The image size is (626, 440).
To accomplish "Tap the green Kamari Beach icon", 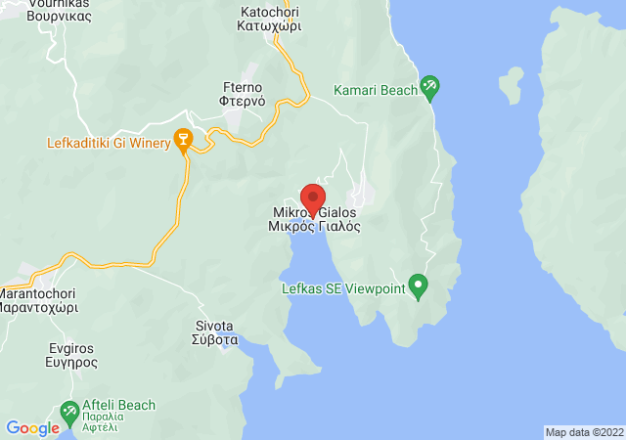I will pos(429,89).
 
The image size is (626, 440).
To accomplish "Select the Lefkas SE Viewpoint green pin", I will pos(419,287).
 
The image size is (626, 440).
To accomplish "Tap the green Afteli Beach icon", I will pos(70,414).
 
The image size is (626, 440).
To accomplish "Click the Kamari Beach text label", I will pos(375,90).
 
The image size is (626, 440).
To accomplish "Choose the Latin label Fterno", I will pos(239,86).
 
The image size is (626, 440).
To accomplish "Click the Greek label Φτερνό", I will pos(239,101).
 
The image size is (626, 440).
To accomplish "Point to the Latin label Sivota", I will pos(214,326).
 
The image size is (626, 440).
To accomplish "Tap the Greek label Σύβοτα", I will pos(214,340).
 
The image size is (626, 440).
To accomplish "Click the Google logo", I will pos(32,427).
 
